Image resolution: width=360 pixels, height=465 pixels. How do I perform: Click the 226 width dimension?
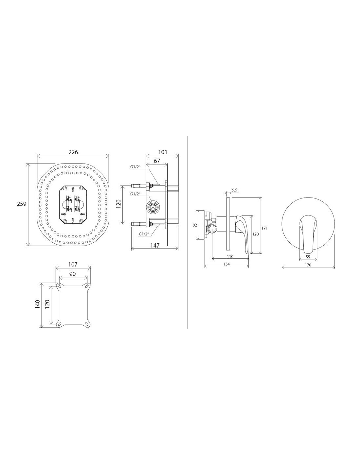[73, 152]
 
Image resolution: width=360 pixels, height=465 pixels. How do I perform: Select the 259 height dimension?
[22, 204]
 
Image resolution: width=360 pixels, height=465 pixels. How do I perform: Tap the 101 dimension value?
[163, 152]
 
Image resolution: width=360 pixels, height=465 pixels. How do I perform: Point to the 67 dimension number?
[157, 161]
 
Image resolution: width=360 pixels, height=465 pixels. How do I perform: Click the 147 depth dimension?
[155, 245]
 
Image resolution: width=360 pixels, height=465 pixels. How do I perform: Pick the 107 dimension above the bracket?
[73, 265]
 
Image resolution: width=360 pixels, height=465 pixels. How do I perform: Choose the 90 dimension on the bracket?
[73, 274]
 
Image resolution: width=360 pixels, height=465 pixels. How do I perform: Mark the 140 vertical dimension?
[38, 304]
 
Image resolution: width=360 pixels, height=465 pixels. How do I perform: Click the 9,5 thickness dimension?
[235, 190]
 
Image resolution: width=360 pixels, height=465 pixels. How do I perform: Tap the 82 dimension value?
[195, 225]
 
